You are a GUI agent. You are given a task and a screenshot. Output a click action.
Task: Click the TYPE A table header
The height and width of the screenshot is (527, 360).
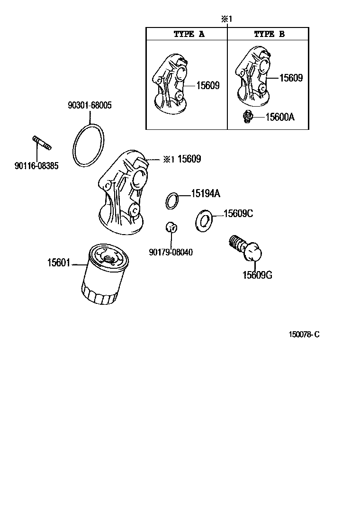[189, 34]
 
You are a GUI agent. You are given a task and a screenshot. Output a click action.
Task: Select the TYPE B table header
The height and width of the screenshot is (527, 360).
[269, 34]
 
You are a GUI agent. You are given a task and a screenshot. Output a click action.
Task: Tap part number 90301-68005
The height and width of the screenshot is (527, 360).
[90, 105]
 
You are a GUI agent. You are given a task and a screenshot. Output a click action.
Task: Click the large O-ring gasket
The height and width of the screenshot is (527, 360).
[89, 145]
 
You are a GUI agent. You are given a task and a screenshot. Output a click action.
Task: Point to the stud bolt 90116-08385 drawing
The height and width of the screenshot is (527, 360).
[42, 142]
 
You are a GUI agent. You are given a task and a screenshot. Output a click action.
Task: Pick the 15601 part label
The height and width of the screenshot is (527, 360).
[58, 262]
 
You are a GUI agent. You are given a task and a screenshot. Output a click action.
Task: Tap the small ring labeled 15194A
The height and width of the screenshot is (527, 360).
[172, 200]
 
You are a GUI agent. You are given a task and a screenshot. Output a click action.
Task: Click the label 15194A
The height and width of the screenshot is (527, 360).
[206, 193]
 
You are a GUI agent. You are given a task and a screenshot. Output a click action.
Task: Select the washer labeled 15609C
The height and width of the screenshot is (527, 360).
[204, 220]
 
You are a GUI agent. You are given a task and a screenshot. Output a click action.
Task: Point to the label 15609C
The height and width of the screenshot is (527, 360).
[238, 214]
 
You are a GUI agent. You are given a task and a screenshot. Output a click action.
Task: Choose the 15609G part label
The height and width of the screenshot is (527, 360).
[257, 275]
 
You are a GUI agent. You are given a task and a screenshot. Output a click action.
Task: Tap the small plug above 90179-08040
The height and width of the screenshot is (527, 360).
[171, 227]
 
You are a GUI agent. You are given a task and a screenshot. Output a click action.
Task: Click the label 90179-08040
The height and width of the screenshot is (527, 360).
[170, 252]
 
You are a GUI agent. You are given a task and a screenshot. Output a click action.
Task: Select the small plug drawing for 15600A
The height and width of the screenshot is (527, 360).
[246, 117]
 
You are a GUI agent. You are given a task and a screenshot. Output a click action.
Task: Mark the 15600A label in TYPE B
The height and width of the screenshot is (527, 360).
[279, 117]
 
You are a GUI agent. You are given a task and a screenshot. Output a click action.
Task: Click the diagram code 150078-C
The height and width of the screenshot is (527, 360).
[305, 335]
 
